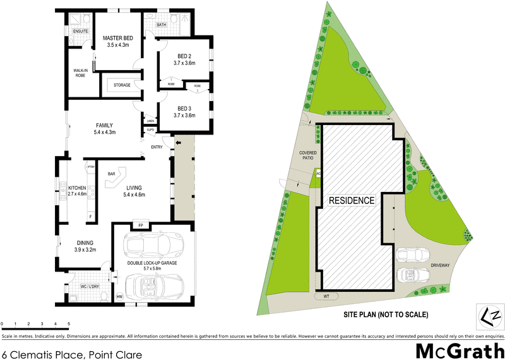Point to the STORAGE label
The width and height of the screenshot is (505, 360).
pyautogui.click(x=122, y=85)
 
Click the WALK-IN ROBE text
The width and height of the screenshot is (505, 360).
pyautogui.click(x=80, y=73)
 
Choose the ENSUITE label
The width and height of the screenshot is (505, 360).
pyautogui.click(x=80, y=31)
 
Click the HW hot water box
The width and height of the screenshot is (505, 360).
pyautogui.click(x=119, y=296)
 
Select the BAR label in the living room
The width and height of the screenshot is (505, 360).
pyautogui.click(x=111, y=174)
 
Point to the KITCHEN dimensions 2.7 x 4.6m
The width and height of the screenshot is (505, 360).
pyautogui.click(x=77, y=194)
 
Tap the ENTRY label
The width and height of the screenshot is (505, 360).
pyautogui.click(x=157, y=148)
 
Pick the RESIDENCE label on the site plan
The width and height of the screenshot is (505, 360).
pyautogui.click(x=352, y=201)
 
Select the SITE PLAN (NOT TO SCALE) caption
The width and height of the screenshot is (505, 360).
pyautogui.click(x=386, y=314)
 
